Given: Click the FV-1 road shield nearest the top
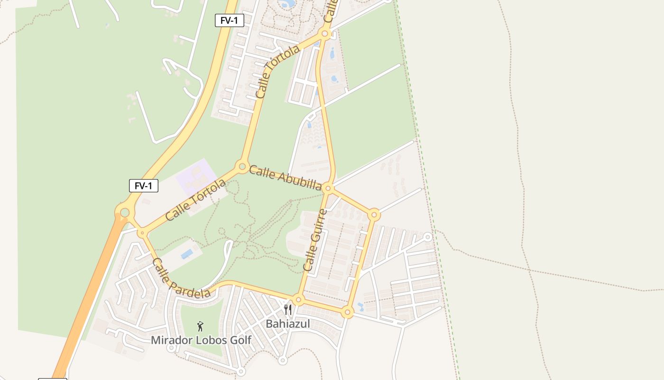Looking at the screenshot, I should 230,20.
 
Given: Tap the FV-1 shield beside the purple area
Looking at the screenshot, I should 143,186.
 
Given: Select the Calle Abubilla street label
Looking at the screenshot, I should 285,177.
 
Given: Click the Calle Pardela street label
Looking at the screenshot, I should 181,279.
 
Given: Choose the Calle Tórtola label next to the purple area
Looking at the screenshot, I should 195,200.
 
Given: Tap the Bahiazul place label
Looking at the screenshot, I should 287,324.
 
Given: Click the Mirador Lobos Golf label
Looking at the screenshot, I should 201,340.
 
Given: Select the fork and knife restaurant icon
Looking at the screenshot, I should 288,310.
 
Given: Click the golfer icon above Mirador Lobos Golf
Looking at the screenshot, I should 201,326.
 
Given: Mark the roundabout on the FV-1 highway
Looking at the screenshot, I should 125,212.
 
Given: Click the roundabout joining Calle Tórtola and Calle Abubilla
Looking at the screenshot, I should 242,167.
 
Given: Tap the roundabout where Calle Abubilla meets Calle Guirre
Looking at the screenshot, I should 328,189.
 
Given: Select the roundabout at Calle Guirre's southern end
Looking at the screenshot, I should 298,300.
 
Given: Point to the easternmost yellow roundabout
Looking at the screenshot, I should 374,215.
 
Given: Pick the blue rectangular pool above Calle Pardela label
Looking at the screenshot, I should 187,254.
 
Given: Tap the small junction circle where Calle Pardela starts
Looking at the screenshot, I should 142,233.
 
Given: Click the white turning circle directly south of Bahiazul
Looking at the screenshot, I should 283,361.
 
